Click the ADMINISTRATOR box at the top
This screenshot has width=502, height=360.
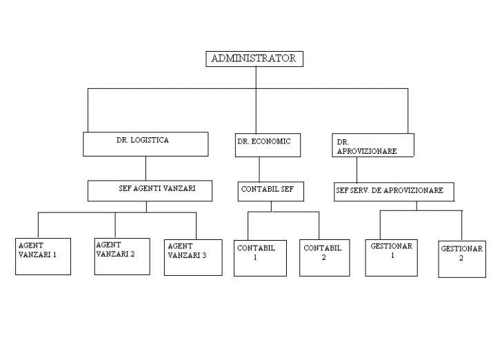pyautogui.click(x=254, y=59)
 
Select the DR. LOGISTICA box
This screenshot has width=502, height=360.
pyautogui.click(x=145, y=143)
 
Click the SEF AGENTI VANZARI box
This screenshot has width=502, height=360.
pyautogui.click(x=149, y=190)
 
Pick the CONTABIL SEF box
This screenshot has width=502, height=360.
pyautogui.click(x=271, y=191)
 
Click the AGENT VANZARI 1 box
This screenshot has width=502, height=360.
pyautogui.click(x=43, y=256)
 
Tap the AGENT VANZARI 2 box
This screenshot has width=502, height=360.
pyautogui.click(x=122, y=256)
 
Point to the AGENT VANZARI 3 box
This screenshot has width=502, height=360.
pyautogui.click(x=193, y=257)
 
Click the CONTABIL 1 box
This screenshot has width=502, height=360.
pyautogui.click(x=260, y=257)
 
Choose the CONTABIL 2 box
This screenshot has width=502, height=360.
pyautogui.click(x=325, y=257)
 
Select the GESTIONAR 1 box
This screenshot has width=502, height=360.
pyautogui.click(x=392, y=257)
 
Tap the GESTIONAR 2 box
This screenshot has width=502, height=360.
pyautogui.click(x=461, y=259)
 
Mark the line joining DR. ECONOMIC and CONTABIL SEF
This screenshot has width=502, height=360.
pyautogui.click(x=259, y=169)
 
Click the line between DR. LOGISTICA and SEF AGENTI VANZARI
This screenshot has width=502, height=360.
pyautogui.click(x=145, y=168)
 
